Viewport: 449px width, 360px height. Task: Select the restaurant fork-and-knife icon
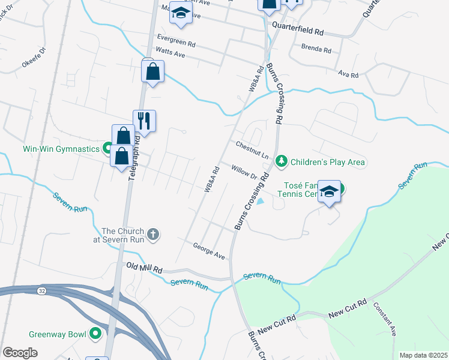(144, 121)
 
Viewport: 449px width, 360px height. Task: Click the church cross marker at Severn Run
(153, 233)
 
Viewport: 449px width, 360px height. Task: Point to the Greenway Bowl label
(56, 334)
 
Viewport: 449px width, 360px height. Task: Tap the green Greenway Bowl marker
(95, 334)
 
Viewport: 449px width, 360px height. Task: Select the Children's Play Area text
(328, 162)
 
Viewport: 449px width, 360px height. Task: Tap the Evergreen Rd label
(175, 44)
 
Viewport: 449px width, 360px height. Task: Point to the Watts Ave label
(170, 55)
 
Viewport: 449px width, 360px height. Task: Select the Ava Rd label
(348, 75)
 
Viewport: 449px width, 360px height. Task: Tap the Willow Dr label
(244, 172)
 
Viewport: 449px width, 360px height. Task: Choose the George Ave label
(209, 251)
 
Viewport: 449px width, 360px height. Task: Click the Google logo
(20, 352)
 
